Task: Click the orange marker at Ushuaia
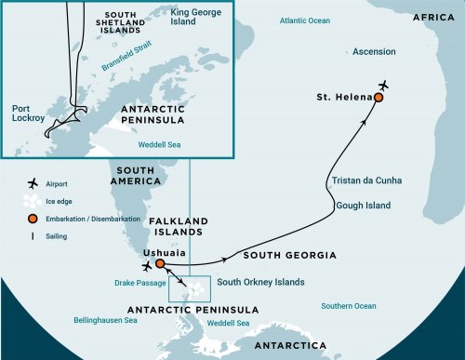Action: point(160,263)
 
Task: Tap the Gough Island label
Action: point(365,205)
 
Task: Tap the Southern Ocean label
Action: point(349,305)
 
